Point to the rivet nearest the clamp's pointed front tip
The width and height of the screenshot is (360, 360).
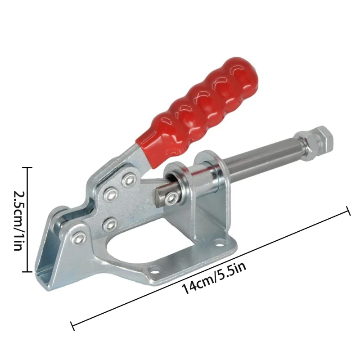point(81,238)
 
